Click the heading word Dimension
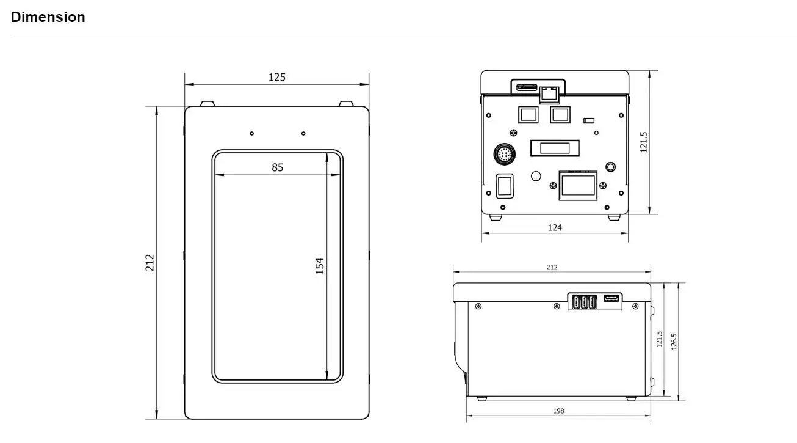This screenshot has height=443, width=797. [48, 17]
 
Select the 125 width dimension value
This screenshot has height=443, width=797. [277, 77]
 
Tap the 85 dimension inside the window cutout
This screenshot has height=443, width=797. [278, 167]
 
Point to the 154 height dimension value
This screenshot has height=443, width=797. [320, 266]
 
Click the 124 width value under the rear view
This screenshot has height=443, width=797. [555, 228]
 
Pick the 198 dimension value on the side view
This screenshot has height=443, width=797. [558, 411]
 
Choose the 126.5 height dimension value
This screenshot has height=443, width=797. [674, 342]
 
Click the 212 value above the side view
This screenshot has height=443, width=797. [552, 267]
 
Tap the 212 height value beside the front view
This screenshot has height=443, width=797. [150, 263]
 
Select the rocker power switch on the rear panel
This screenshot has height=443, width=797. [503, 185]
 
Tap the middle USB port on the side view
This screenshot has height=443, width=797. [583, 301]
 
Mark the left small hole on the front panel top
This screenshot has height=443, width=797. [251, 133]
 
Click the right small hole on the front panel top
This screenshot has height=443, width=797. [303, 133]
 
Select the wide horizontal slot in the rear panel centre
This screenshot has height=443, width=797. [554, 147]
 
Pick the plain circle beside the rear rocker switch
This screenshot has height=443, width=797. [536, 176]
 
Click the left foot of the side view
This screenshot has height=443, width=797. [482, 398]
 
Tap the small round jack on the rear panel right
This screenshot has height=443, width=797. [610, 167]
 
